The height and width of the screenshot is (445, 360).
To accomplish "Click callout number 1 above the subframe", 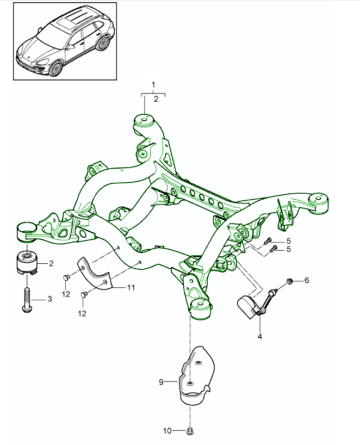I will pyautogui.click(x=154, y=84).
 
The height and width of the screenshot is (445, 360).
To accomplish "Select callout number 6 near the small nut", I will pyautogui.click(x=306, y=280).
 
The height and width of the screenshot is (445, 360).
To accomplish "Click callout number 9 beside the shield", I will pyautogui.click(x=161, y=382).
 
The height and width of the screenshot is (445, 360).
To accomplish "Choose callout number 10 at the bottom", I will pyautogui.click(x=167, y=431).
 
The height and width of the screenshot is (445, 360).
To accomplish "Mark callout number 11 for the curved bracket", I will pyautogui.click(x=131, y=287).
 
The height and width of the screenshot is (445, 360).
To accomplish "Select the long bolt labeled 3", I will pyautogui.click(x=26, y=296).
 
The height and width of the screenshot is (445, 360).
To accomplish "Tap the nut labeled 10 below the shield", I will pyautogui.click(x=190, y=431).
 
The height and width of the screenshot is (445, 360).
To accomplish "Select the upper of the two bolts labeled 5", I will pyautogui.click(x=267, y=241).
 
